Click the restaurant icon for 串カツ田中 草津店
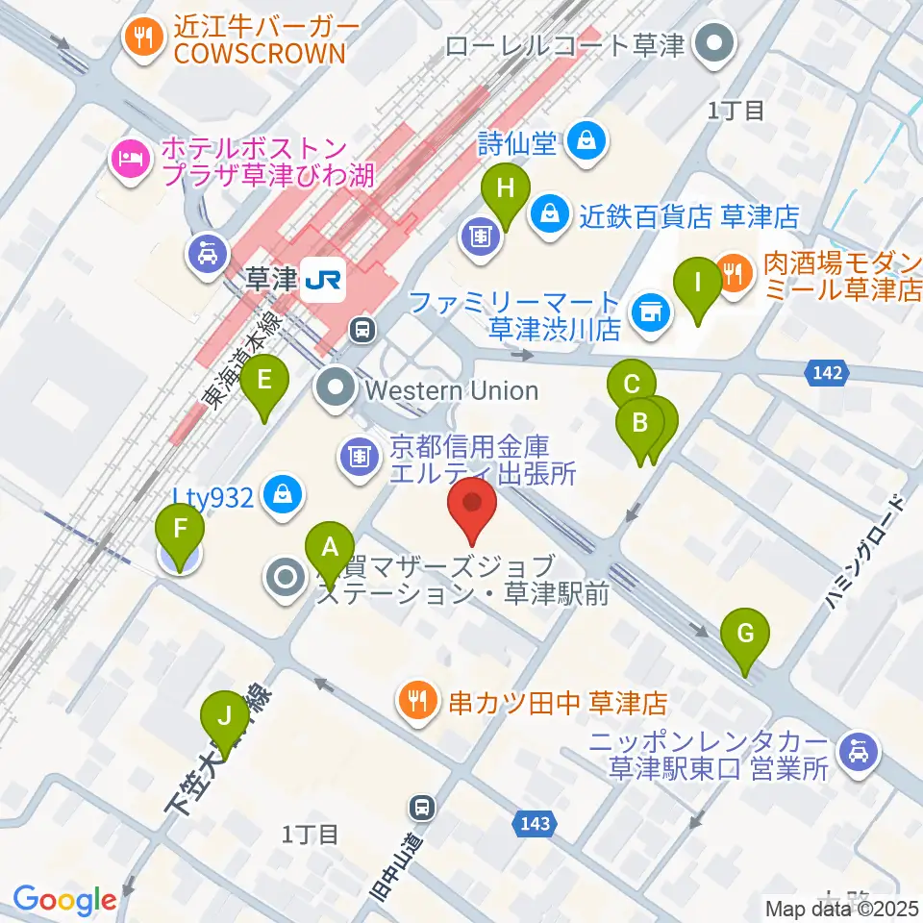click(416, 702)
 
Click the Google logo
click(64, 900)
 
